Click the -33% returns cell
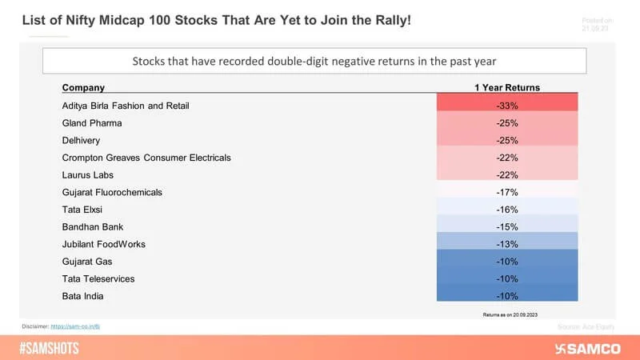pyautogui.click(x=506, y=106)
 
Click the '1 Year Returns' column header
pyautogui.click(x=506, y=87)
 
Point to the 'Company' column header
pyautogui.click(x=83, y=87)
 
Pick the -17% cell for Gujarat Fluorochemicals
pyautogui.click(x=506, y=192)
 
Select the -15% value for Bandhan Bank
pyautogui.click(x=506, y=227)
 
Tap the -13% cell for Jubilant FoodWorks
pyautogui.click(x=506, y=244)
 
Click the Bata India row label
pyautogui.click(x=84, y=296)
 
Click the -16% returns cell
pyautogui.click(x=506, y=210)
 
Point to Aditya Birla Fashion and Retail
pyautogui.click(x=126, y=106)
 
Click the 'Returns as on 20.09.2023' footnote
pyautogui.click(x=506, y=314)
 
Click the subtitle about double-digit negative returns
pyautogui.click(x=314, y=61)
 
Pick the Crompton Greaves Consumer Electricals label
pyautogui.click(x=146, y=158)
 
